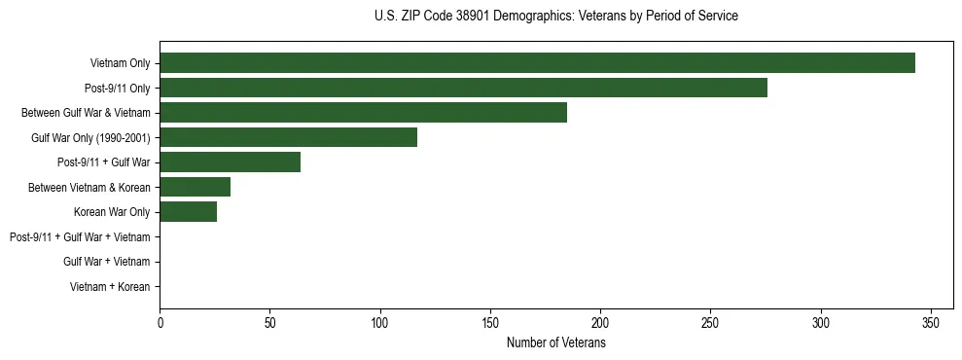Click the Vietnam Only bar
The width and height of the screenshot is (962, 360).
[537, 63]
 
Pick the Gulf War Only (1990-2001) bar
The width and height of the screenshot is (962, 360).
[288, 137]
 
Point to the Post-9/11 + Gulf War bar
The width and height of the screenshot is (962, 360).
[230, 162]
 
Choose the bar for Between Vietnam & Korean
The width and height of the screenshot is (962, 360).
[195, 187]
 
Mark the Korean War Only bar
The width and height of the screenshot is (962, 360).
[189, 212]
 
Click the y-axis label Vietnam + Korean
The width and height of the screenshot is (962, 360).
[110, 287]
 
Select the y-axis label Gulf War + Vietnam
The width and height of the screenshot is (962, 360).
[106, 262]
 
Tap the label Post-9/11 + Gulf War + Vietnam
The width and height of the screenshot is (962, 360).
[80, 237]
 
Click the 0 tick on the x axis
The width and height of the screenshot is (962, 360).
[160, 322]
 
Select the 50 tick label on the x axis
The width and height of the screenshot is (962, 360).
[269, 322]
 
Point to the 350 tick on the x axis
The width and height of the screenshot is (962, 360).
[931, 322]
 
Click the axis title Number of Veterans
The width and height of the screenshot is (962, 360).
[556, 342]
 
